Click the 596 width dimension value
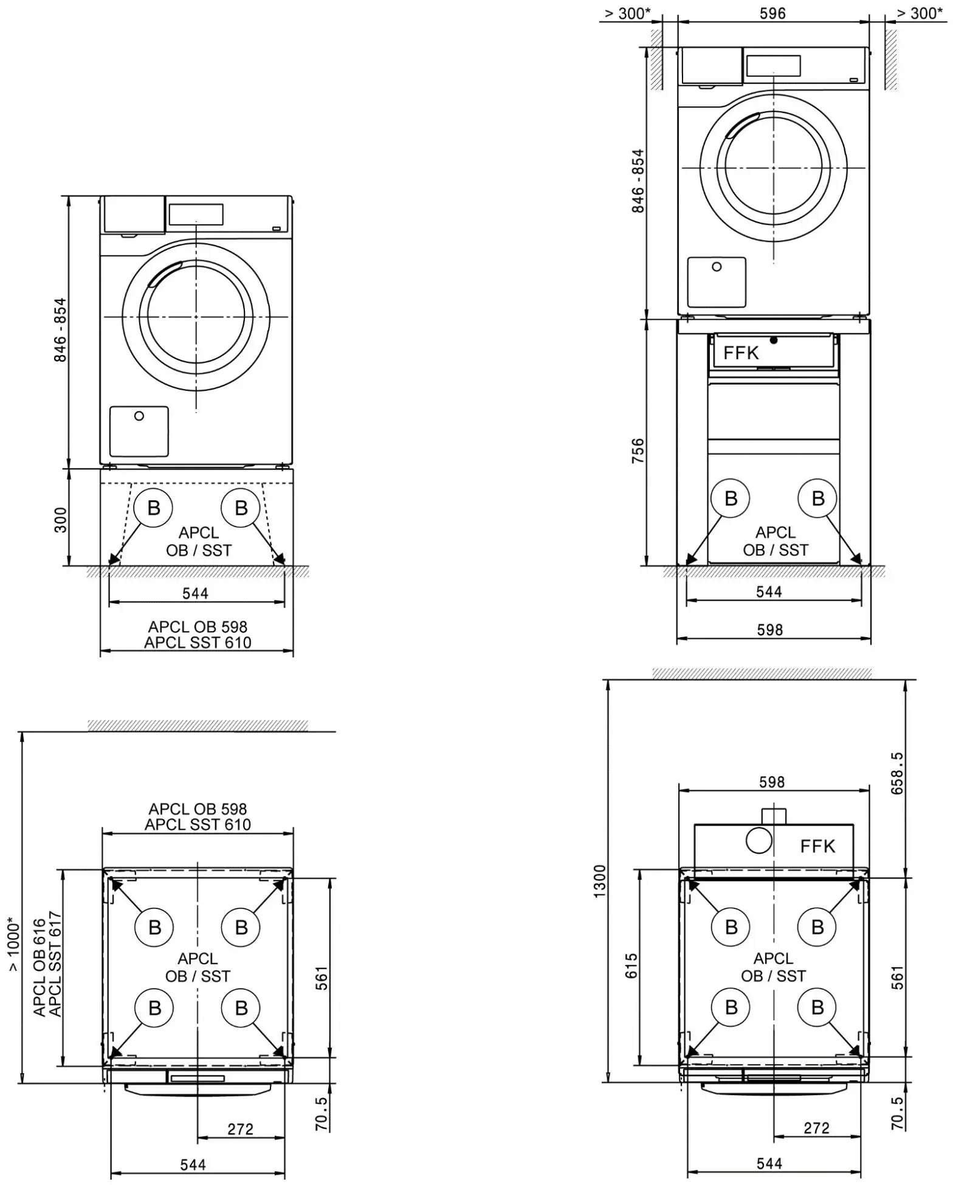(772, 13)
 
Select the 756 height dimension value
(638, 451)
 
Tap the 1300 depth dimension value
(600, 880)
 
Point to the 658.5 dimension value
(897, 773)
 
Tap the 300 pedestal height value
(61, 520)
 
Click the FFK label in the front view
(741, 353)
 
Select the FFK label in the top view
(817, 846)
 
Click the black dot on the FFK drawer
(774, 340)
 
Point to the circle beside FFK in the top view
(759, 841)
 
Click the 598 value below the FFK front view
(770, 630)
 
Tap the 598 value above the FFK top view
(772, 782)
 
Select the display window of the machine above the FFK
(773, 66)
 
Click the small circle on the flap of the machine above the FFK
(717, 267)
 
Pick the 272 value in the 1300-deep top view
(816, 1128)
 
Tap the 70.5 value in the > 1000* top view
(322, 1113)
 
